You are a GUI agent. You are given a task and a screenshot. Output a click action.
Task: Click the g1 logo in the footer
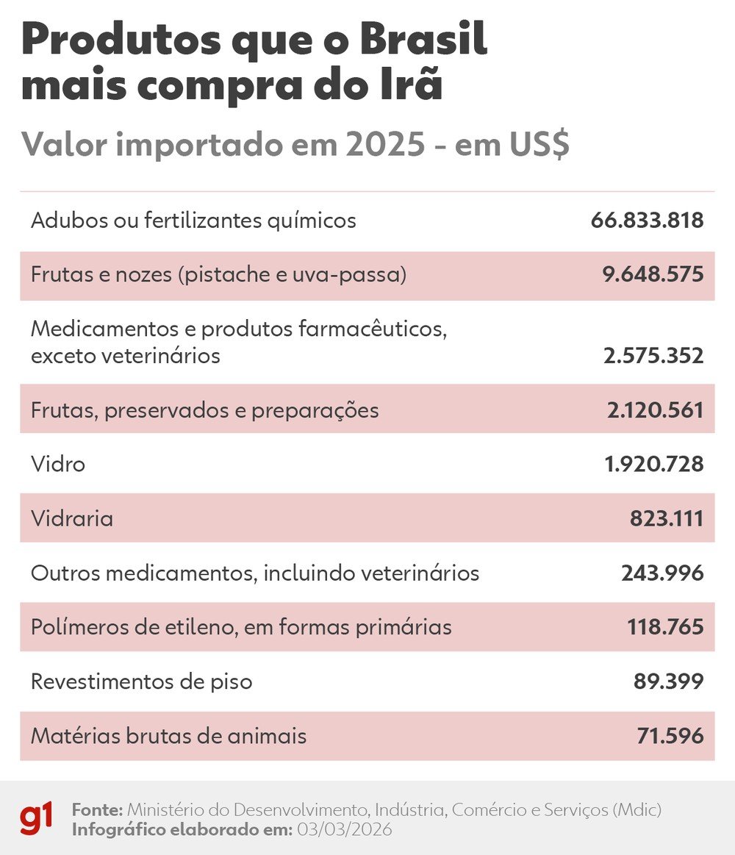click(x=36, y=819)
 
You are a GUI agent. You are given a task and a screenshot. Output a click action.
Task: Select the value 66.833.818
click(x=647, y=220)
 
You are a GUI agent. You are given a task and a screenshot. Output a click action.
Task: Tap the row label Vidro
click(x=58, y=464)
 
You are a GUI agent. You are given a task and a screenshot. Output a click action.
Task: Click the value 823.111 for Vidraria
click(x=666, y=518)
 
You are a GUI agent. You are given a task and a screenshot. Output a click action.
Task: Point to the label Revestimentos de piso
click(x=141, y=682)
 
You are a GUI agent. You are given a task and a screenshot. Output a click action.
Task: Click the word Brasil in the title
click(x=423, y=40)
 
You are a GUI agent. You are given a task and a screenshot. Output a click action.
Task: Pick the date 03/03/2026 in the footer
click(x=344, y=829)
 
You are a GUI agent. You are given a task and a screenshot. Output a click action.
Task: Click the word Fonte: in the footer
click(x=97, y=809)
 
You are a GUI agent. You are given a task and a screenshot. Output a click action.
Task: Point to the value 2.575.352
click(x=653, y=356)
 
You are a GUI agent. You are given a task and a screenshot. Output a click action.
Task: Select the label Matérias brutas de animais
click(x=168, y=736)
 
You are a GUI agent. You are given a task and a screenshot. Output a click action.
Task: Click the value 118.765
click(x=665, y=627)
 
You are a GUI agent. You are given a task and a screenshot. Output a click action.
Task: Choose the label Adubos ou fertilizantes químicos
click(x=193, y=220)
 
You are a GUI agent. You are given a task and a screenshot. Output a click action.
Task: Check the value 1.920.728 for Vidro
click(x=653, y=464)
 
